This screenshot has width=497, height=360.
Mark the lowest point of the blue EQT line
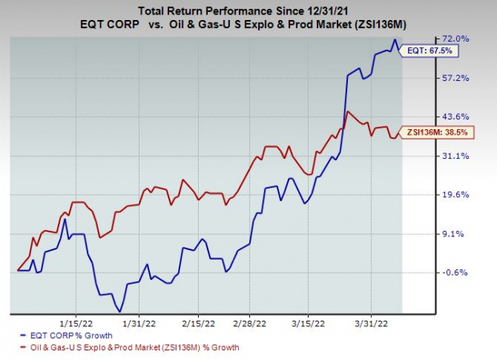(120, 311)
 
